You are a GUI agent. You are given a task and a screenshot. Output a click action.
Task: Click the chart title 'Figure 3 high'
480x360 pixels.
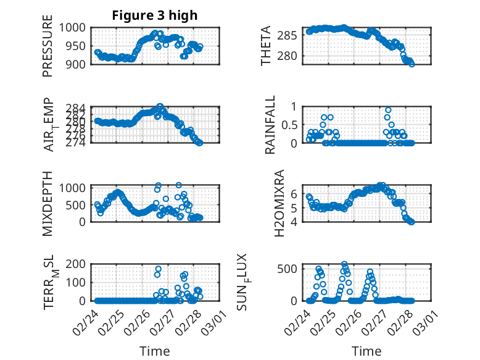coord(154,16)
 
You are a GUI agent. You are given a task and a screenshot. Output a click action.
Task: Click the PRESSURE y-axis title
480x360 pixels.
coord(48,49)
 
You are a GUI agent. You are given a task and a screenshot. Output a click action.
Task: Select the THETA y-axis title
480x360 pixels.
coord(266,46)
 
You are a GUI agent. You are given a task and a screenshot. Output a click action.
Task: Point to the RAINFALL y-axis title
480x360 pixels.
coord(270,126)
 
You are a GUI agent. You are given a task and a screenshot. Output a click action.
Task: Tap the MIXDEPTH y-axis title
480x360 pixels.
coord(48,203)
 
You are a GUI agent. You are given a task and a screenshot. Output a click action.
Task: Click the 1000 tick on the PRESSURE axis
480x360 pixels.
coord(77,28)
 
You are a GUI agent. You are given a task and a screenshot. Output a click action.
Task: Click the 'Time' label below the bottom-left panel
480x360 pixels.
coord(154,351)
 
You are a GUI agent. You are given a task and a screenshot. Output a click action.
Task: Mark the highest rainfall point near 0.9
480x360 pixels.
coord(388,110)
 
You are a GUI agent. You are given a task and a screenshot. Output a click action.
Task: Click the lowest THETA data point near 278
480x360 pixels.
coord(412,64)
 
